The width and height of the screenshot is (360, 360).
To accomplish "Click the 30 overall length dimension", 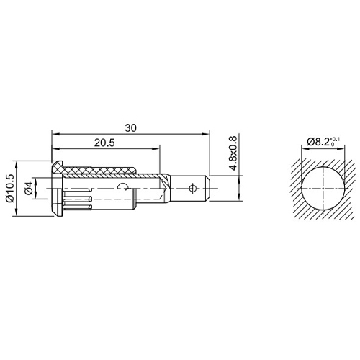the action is [x=130, y=128].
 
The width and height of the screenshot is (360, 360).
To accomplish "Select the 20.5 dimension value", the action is [x=104, y=143].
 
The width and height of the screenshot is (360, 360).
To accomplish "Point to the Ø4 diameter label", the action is [x=29, y=188].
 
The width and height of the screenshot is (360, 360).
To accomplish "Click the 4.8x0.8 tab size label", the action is [x=233, y=153].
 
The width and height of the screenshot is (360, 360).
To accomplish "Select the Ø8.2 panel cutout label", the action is [x=318, y=142].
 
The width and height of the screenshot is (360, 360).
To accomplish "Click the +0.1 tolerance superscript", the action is [x=336, y=139].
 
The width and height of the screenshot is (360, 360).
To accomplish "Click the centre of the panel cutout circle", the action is [x=323, y=189].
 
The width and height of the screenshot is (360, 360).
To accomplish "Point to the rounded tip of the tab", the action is [x=209, y=189].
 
